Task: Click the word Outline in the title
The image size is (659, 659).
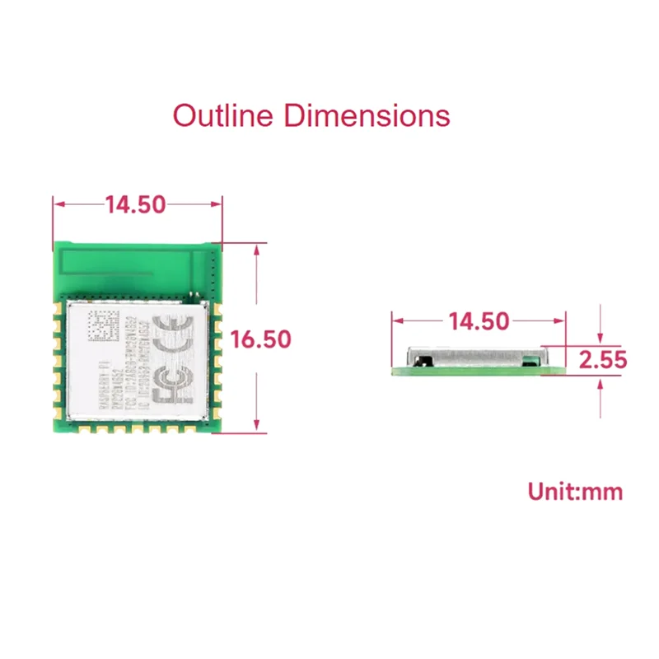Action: click(x=222, y=115)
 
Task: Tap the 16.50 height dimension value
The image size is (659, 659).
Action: click(x=261, y=339)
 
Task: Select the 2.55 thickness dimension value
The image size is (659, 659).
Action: click(x=603, y=360)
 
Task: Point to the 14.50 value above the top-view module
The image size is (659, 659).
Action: click(x=136, y=204)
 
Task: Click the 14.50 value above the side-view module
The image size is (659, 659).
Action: click(x=479, y=321)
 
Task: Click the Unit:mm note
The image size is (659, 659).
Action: click(x=575, y=493)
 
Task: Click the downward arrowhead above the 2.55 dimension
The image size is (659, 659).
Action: click(x=603, y=339)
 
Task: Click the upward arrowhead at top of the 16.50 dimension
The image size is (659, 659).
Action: click(x=260, y=249)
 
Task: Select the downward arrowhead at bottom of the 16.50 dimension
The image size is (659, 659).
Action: click(x=260, y=426)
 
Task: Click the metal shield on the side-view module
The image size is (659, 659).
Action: click(x=478, y=356)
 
